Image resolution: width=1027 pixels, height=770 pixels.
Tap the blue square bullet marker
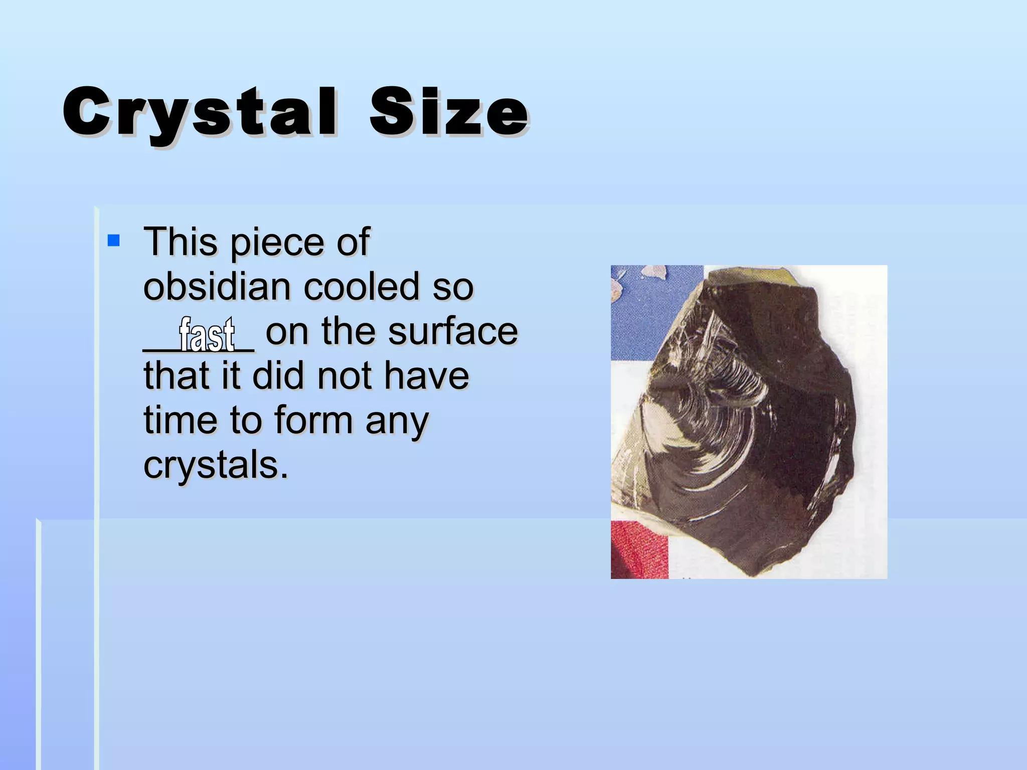coord(114,241)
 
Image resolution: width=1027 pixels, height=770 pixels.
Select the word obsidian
coord(217,287)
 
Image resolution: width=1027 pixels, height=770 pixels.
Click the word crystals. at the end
coord(216,465)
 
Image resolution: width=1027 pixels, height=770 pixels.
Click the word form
coord(313,420)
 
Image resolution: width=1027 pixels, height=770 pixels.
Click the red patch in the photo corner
coord(638,549)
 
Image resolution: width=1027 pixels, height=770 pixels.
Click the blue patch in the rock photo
coord(647,311)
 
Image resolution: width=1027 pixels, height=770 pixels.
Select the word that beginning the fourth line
coord(176,376)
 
